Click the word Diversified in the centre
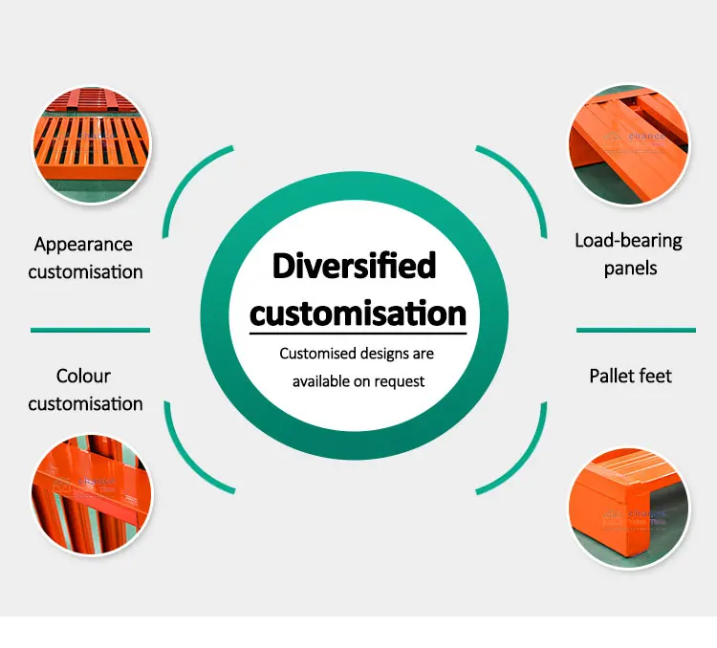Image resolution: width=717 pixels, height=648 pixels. point(354,266)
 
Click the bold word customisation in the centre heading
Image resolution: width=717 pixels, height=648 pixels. point(358,313)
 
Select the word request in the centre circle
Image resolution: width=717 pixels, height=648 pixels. point(401,381)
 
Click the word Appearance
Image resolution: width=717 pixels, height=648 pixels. point(83,245)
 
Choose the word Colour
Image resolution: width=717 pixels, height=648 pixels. point(83,377)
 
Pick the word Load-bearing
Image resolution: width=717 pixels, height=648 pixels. point(628,240)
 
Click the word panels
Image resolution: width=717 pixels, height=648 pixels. point(630,268)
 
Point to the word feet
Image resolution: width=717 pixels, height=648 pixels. point(655,376)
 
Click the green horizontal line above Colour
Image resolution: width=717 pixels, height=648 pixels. point(90,331)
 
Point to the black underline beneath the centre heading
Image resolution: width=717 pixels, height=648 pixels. point(358,333)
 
